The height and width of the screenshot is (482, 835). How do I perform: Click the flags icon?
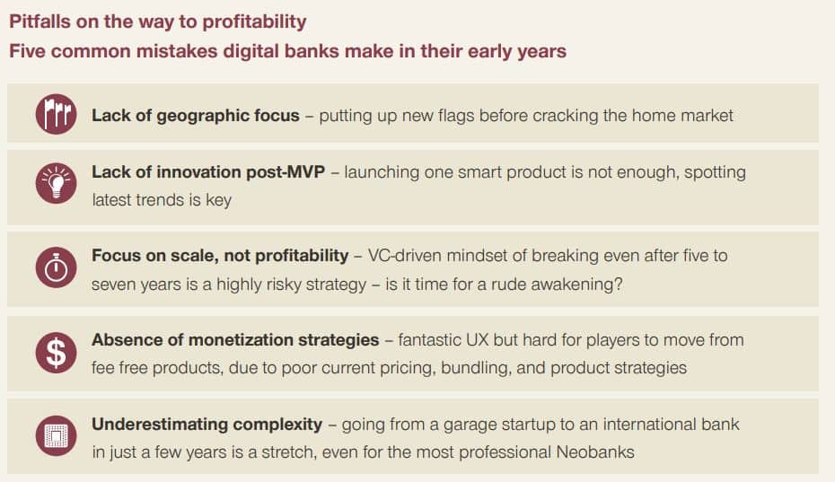tap(56, 114)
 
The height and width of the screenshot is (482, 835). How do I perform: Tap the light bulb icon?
tap(56, 183)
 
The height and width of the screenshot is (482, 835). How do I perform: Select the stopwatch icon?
tap(56, 267)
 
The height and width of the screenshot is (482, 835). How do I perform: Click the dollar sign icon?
tap(56, 352)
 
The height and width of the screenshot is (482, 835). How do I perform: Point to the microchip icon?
tap(56, 436)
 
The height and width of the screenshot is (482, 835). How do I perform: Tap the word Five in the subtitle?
tap(28, 51)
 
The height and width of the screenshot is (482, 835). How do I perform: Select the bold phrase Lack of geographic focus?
tap(196, 116)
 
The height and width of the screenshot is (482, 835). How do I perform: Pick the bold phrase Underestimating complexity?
tap(207, 425)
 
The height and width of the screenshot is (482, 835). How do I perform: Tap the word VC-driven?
tap(405, 256)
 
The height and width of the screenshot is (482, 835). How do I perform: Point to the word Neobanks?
tap(595, 452)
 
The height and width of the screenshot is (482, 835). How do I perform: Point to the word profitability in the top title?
tap(254, 22)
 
